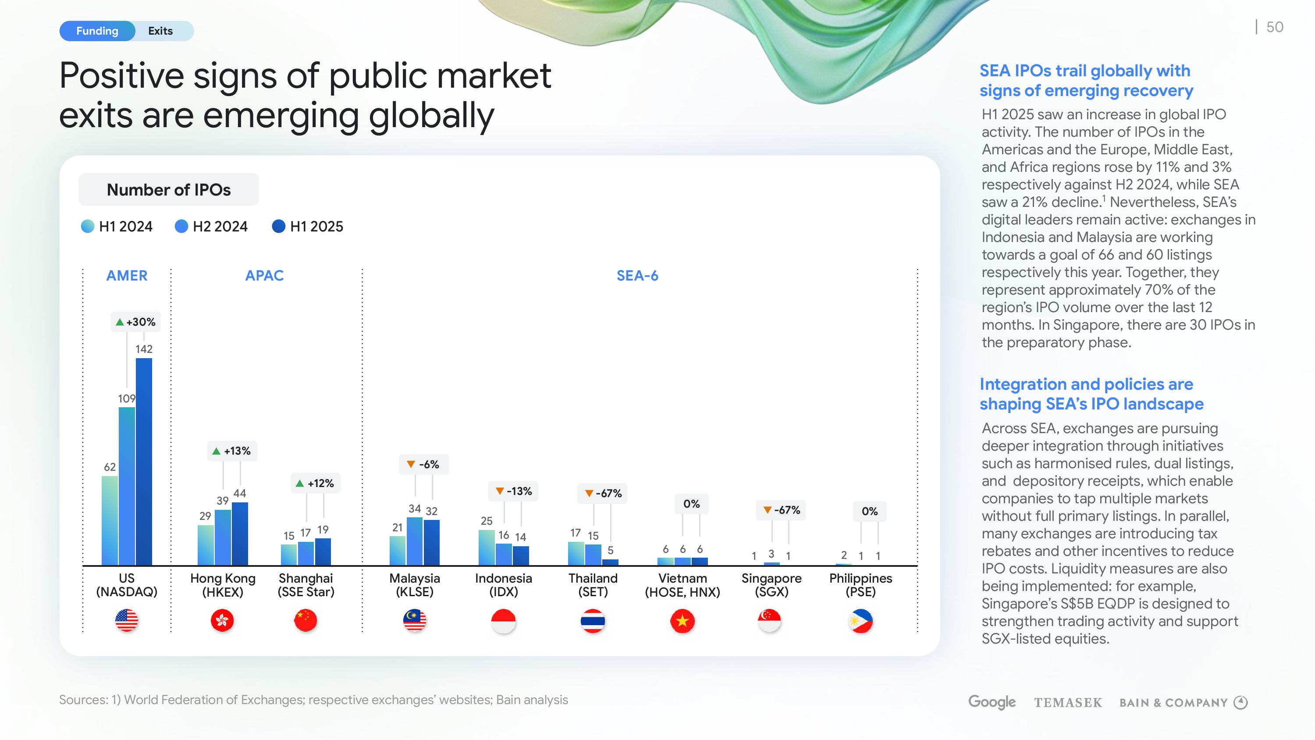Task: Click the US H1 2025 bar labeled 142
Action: click(x=144, y=462)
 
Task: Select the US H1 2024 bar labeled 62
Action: click(x=110, y=520)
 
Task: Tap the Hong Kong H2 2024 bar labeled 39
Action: click(x=223, y=537)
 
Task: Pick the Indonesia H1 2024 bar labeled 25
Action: click(x=487, y=548)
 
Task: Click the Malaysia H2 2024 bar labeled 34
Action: click(x=415, y=541)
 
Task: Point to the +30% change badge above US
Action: click(x=136, y=322)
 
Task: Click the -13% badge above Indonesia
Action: click(x=514, y=491)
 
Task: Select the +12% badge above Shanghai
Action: click(x=315, y=483)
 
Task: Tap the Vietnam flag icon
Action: click(x=682, y=621)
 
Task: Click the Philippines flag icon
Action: click(x=861, y=621)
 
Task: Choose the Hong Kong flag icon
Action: click(x=223, y=621)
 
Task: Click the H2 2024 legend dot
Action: click(x=181, y=226)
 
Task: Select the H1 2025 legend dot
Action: click(x=279, y=226)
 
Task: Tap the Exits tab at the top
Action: click(x=160, y=31)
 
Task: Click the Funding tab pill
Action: click(x=97, y=31)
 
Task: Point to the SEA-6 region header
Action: click(x=637, y=276)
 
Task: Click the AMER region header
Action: click(x=127, y=276)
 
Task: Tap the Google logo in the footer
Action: click(x=992, y=703)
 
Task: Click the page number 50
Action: click(x=1275, y=27)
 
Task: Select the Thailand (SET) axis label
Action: click(x=593, y=585)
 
